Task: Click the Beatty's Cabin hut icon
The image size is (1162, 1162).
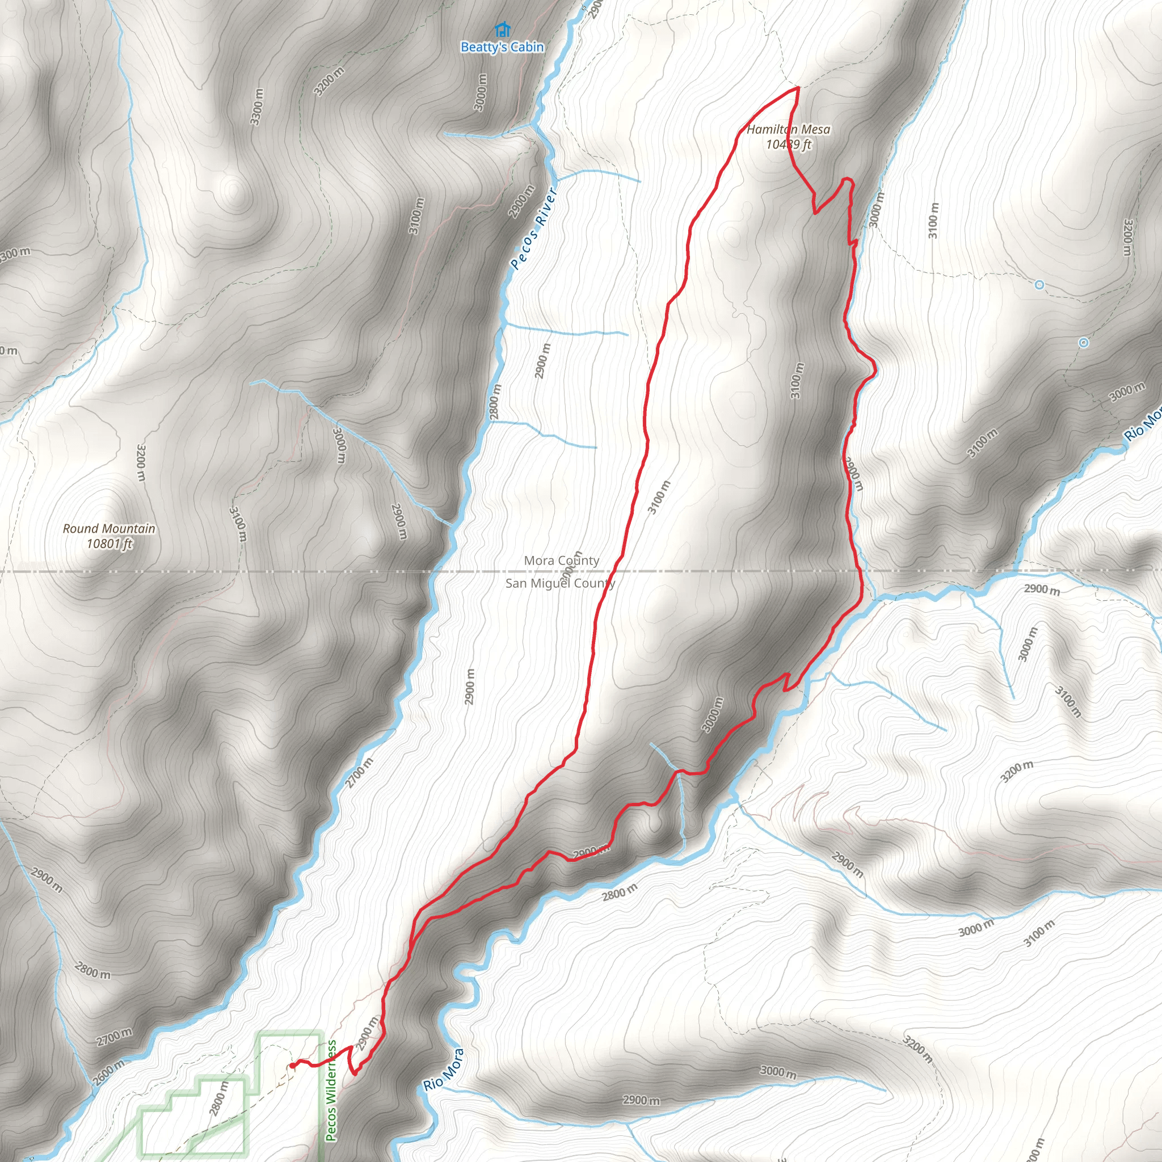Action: pos(502,29)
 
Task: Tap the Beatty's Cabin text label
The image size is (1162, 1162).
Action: pos(502,47)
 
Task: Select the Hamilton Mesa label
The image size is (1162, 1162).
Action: pos(789,129)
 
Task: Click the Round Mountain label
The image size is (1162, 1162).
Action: pos(109,529)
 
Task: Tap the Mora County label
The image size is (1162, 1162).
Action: pos(561,561)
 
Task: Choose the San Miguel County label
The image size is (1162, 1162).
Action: pos(560,583)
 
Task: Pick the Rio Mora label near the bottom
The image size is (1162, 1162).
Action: pos(444,1070)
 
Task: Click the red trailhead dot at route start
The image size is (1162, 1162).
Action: pos(292,1066)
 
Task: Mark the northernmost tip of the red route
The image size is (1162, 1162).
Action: pos(798,89)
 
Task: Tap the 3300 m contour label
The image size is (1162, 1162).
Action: pos(257,107)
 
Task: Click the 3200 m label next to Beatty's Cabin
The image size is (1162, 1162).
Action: pos(330,81)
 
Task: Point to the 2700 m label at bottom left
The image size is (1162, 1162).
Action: pos(114,1037)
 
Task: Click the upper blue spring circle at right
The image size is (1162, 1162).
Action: pos(1039,285)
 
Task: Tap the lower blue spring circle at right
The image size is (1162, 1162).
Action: pos(1083,343)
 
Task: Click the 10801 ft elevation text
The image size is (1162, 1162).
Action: pos(109,544)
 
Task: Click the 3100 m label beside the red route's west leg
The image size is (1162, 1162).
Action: pos(659,498)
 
